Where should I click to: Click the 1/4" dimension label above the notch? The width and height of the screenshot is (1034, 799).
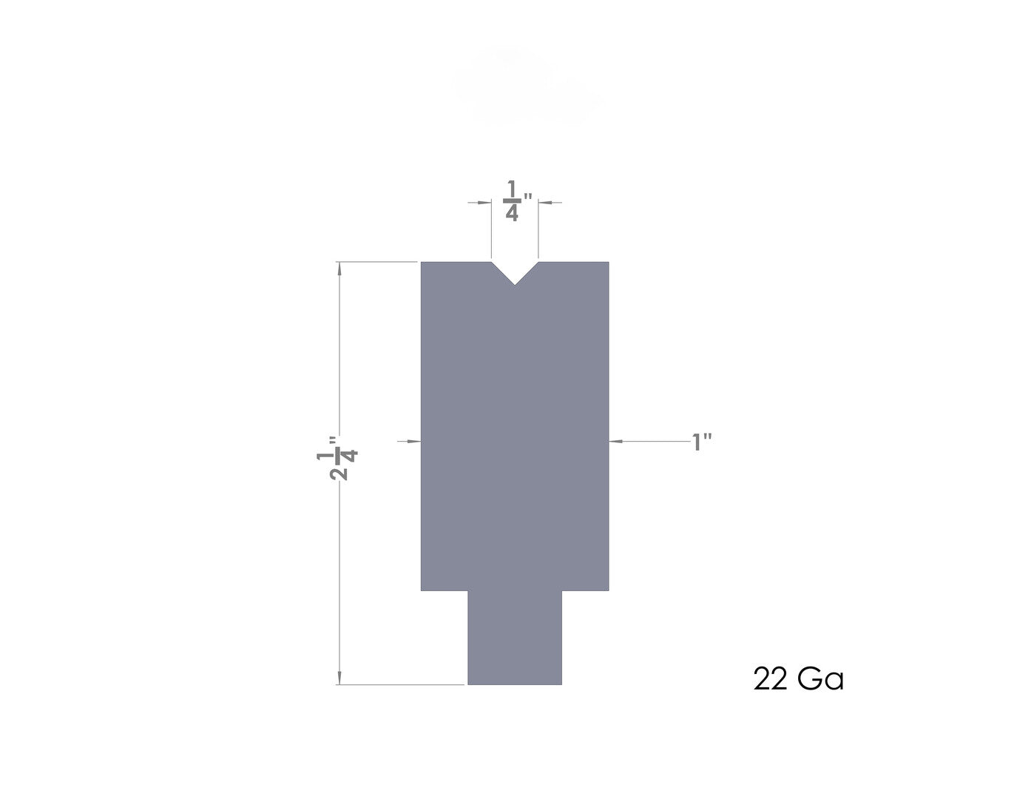(517, 200)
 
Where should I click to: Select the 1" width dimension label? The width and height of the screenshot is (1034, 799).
(701, 442)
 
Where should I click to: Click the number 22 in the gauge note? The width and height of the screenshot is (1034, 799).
(770, 679)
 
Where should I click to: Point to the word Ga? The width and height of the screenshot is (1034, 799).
(821, 679)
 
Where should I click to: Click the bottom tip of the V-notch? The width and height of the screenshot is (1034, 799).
(514, 285)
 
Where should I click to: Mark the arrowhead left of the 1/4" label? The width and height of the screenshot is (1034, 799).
(485, 203)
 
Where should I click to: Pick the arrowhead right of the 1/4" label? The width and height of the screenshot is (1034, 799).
(545, 203)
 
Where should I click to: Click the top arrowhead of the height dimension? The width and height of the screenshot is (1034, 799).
(339, 269)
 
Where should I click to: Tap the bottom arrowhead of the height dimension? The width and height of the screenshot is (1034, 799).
(339, 678)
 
